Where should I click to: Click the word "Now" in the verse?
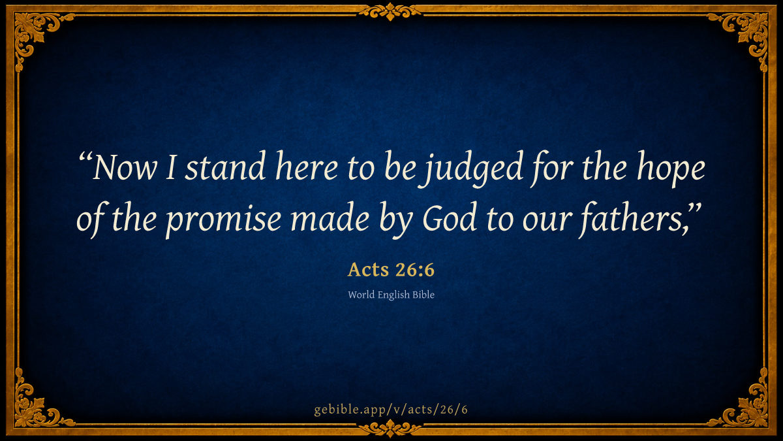point(125,168)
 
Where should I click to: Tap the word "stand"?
point(225,166)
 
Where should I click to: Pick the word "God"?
point(450,217)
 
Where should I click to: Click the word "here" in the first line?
point(307,166)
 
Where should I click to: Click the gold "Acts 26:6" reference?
point(391,270)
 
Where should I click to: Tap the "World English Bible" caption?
point(391,295)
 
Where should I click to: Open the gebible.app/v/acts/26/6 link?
point(391,410)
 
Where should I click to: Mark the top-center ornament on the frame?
point(390,12)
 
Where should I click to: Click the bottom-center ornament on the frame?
point(390,429)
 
